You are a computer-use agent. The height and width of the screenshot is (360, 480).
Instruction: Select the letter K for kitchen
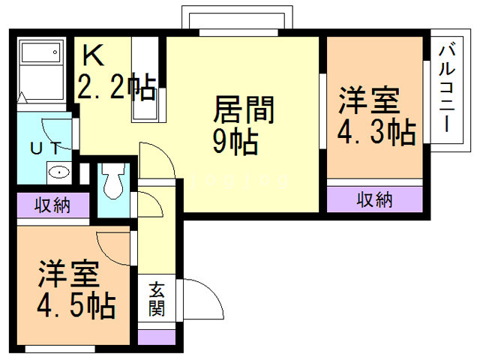[x=92, y=55]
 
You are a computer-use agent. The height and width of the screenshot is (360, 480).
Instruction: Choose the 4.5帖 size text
[x=76, y=304]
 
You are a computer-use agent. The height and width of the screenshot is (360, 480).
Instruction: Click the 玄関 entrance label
[x=156, y=298]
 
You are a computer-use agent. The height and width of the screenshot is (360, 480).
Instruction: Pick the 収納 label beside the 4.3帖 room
[x=374, y=200]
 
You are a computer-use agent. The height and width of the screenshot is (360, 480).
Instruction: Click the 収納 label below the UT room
[x=52, y=205]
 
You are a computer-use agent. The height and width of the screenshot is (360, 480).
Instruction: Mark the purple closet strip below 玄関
[x=156, y=336]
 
